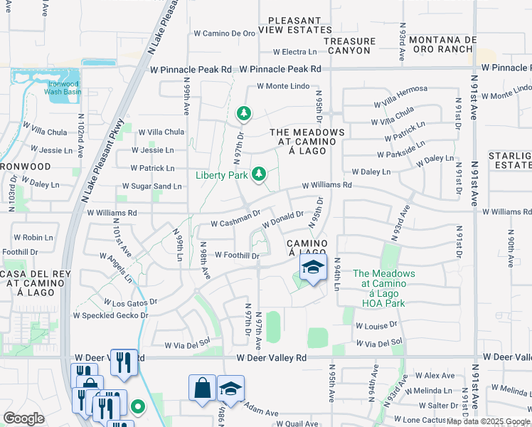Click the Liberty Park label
(222, 174)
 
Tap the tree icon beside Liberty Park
(260, 173)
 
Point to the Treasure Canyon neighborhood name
(348, 46)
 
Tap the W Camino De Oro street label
(224, 33)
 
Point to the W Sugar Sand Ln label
(151, 186)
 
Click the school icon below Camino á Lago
(312, 269)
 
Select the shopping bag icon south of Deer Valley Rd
(202, 389)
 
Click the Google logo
(23, 418)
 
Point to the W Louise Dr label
(376, 325)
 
